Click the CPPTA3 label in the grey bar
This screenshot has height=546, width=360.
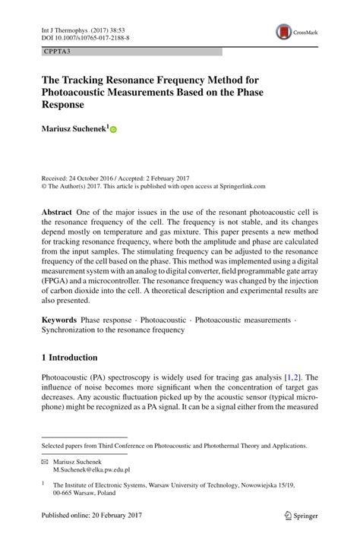[58, 52]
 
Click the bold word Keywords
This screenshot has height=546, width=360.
[60, 320]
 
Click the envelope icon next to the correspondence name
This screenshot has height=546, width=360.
[44, 461]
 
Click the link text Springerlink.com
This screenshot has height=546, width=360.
[238, 185]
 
